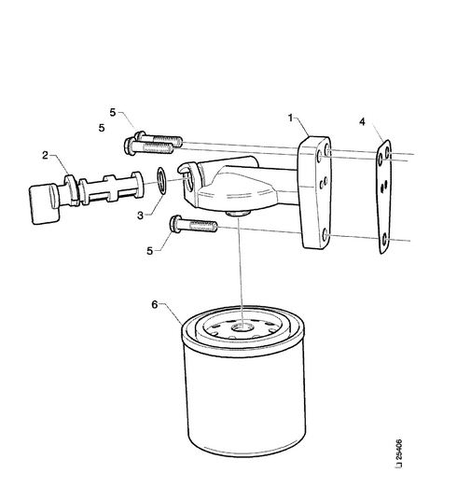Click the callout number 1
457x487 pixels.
pyautogui.click(x=290, y=118)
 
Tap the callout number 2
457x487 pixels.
pyautogui.click(x=46, y=155)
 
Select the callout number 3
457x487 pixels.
pyautogui.click(x=141, y=216)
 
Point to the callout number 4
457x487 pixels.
pyautogui.click(x=362, y=121)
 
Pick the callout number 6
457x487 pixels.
pyautogui.click(x=155, y=304)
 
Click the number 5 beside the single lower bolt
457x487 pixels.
pyautogui.click(x=150, y=251)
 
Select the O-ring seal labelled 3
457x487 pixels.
pyautogui.click(x=162, y=181)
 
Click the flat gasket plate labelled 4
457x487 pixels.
pyautogui.click(x=383, y=197)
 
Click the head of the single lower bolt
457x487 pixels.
pyautogui.click(x=175, y=224)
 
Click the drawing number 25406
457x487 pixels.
pyautogui.click(x=399, y=450)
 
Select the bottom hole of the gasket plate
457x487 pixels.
pyautogui.click(x=385, y=240)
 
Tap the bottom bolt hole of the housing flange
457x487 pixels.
pyautogui.click(x=325, y=234)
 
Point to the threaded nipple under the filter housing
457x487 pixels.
pyautogui.click(x=238, y=213)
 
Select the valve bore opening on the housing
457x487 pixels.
pyautogui.click(x=187, y=182)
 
